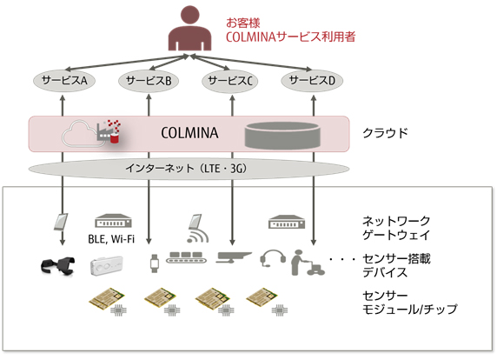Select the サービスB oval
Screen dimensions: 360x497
(148, 81)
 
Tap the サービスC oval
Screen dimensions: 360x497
(230, 81)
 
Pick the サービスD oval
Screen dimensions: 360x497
(313, 81)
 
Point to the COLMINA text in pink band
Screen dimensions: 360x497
(189, 134)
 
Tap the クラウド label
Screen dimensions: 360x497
(385, 134)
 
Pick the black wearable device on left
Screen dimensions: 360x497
(59, 263)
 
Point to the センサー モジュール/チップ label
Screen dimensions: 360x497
(408, 303)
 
